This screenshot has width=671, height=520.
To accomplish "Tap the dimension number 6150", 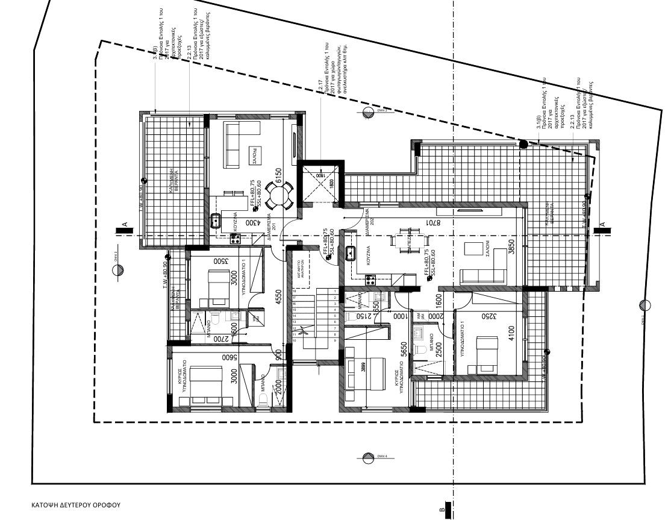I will [x=278, y=174].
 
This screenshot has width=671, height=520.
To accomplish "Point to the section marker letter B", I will [x=443, y=510].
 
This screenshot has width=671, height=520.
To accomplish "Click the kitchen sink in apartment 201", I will [x=216, y=221].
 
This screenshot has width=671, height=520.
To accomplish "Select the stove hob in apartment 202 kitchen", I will [x=370, y=279].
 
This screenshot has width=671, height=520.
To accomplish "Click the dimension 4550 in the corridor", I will [x=278, y=299].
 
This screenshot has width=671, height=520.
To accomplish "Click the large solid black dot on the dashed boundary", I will [x=524, y=144].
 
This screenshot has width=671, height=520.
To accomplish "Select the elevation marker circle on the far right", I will [x=645, y=305].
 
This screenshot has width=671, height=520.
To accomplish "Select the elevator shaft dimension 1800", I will [x=331, y=183].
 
